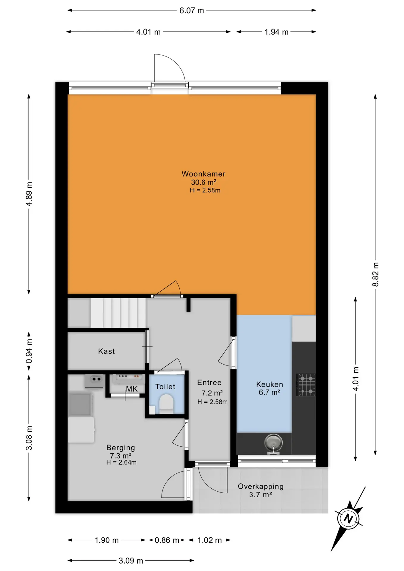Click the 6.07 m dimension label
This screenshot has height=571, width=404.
coord(192,10)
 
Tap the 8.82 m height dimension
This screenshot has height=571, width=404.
coord(375,274)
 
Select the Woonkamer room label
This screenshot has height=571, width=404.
coord(203,174)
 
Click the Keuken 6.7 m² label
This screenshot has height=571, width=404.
coord(270,388)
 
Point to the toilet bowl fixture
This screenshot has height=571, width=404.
coord(166,404)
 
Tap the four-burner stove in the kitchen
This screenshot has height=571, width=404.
coord(306,385)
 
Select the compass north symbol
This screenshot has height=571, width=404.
coord(348,519)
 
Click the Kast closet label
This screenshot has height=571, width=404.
coord(107,351)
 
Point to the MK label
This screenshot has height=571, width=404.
coord(132,389)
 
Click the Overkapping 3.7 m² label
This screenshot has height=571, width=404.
coord(261,490)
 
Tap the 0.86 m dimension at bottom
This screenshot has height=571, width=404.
coord(167,540)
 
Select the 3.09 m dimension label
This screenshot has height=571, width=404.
coord(131,561)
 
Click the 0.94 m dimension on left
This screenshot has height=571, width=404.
coord(29,351)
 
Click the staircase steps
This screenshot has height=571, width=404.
coord(118,313)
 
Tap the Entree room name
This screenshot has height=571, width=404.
coord(209,382)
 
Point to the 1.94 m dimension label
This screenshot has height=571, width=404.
coord(276,32)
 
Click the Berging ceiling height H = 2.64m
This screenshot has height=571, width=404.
coord(121,462)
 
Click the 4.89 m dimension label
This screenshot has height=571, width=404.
coord(29,194)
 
